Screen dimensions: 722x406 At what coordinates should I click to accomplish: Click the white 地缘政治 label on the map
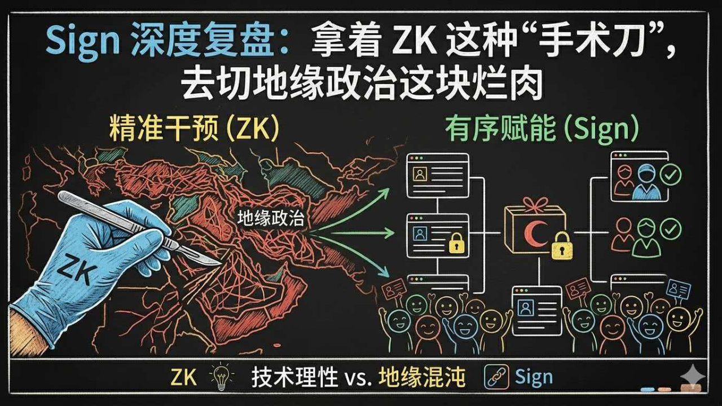click(x=270, y=218)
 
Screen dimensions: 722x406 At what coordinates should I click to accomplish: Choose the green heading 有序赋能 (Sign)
click(x=542, y=130)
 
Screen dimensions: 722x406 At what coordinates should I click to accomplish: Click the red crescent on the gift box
click(x=532, y=232)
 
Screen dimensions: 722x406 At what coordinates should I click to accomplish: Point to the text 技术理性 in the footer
click(x=295, y=377)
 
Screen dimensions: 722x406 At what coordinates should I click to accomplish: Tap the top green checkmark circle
click(x=671, y=175)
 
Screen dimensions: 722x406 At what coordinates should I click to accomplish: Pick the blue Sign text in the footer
click(x=534, y=377)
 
